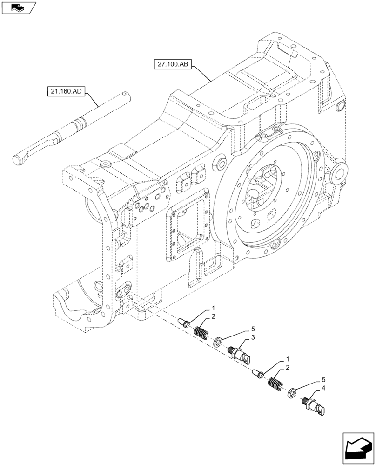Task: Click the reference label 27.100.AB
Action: (x=172, y=64)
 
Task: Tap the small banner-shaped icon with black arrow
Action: (x=19, y=7)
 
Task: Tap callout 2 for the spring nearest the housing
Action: (x=213, y=317)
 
